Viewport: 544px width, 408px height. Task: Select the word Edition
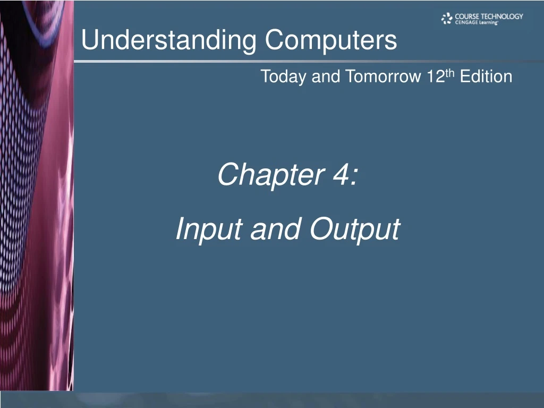click(x=486, y=77)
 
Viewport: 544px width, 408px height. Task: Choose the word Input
click(x=209, y=230)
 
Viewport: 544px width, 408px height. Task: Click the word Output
click(x=355, y=230)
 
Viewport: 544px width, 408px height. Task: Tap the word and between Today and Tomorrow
click(x=325, y=77)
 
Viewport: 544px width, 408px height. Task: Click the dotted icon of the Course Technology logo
click(x=447, y=19)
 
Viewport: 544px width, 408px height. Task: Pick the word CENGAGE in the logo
click(x=466, y=23)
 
